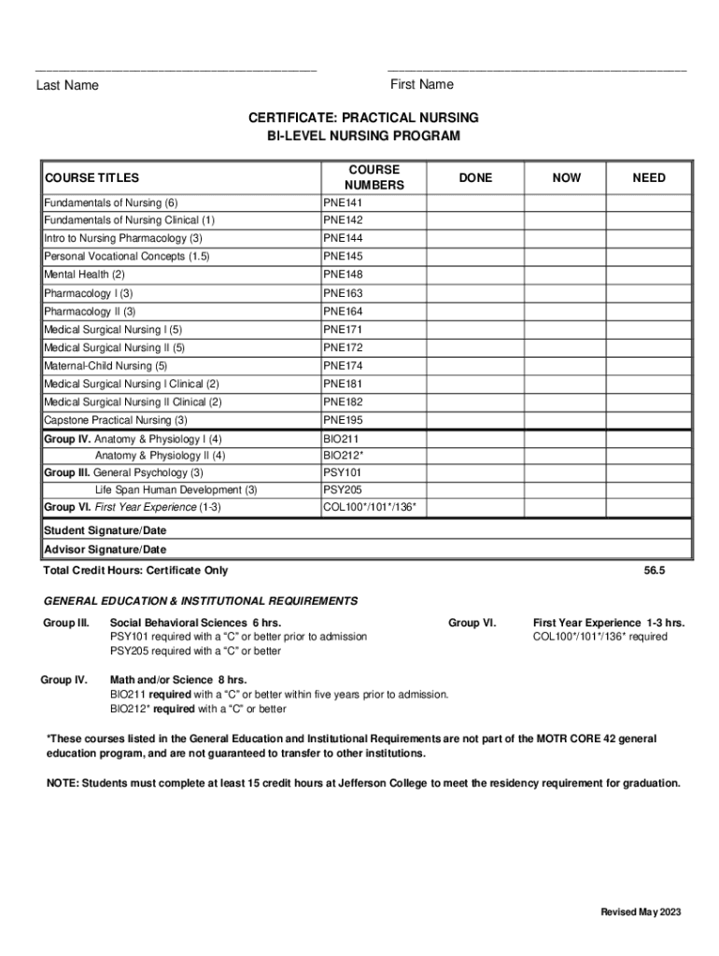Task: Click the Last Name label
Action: pyautogui.click(x=67, y=86)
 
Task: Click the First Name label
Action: pyautogui.click(x=422, y=85)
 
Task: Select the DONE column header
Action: pyautogui.click(x=475, y=177)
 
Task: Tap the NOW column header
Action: pyautogui.click(x=566, y=177)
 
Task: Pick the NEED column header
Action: pyautogui.click(x=649, y=177)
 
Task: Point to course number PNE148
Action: pyautogui.click(x=343, y=274)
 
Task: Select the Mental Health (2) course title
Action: pyautogui.click(x=84, y=274)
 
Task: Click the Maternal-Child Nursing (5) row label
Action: pyautogui.click(x=106, y=366)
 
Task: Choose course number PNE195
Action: pyautogui.click(x=343, y=420)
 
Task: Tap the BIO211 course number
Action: pyautogui.click(x=340, y=439)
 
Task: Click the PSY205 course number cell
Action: pyautogui.click(x=342, y=490)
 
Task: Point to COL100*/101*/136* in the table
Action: pyautogui.click(x=370, y=508)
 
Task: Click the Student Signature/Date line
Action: pyautogui.click(x=106, y=530)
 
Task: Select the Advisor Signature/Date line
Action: pyautogui.click(x=106, y=549)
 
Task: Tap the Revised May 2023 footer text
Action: pyautogui.click(x=641, y=912)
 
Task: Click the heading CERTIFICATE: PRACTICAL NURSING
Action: pyautogui.click(x=363, y=118)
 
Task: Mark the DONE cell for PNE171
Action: pyautogui.click(x=475, y=330)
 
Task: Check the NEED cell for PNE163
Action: pyautogui.click(x=649, y=293)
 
